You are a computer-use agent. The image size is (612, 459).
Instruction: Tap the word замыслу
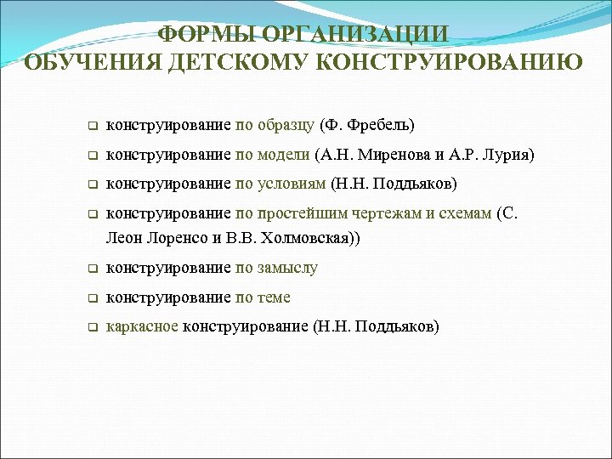pos(286,268)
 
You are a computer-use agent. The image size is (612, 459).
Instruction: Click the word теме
pos(274,297)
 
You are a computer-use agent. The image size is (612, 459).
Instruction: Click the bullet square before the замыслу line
pos(91,269)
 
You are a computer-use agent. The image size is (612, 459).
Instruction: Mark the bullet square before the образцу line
pos(91,127)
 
